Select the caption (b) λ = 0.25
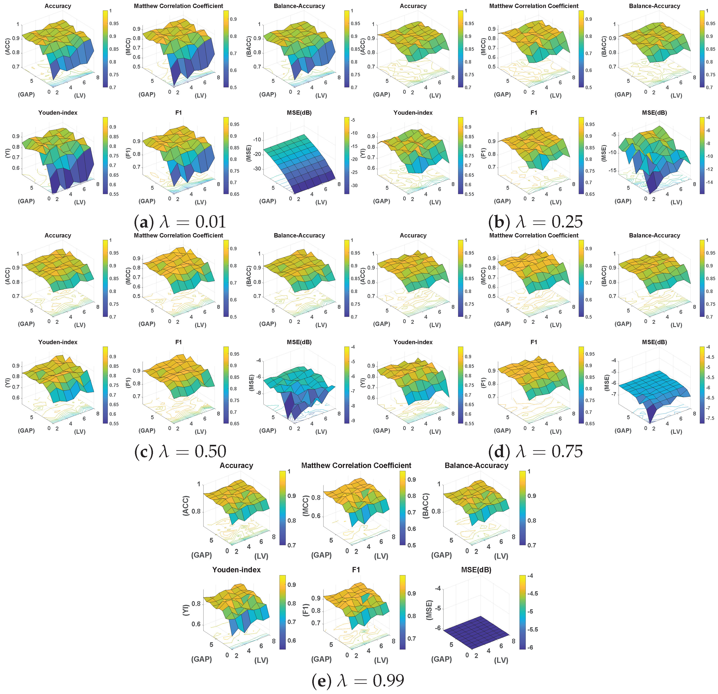(x=535, y=222)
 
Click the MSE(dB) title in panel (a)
(x=299, y=113)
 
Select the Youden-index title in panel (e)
(x=236, y=570)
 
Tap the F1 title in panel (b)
(x=534, y=113)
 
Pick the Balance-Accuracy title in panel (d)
(x=654, y=236)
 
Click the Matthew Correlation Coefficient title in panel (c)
(x=178, y=236)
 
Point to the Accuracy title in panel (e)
(x=236, y=465)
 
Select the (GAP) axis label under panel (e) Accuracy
(x=202, y=555)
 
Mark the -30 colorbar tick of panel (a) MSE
(x=354, y=185)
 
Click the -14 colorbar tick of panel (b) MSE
(x=709, y=182)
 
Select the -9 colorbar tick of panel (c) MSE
(x=353, y=421)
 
